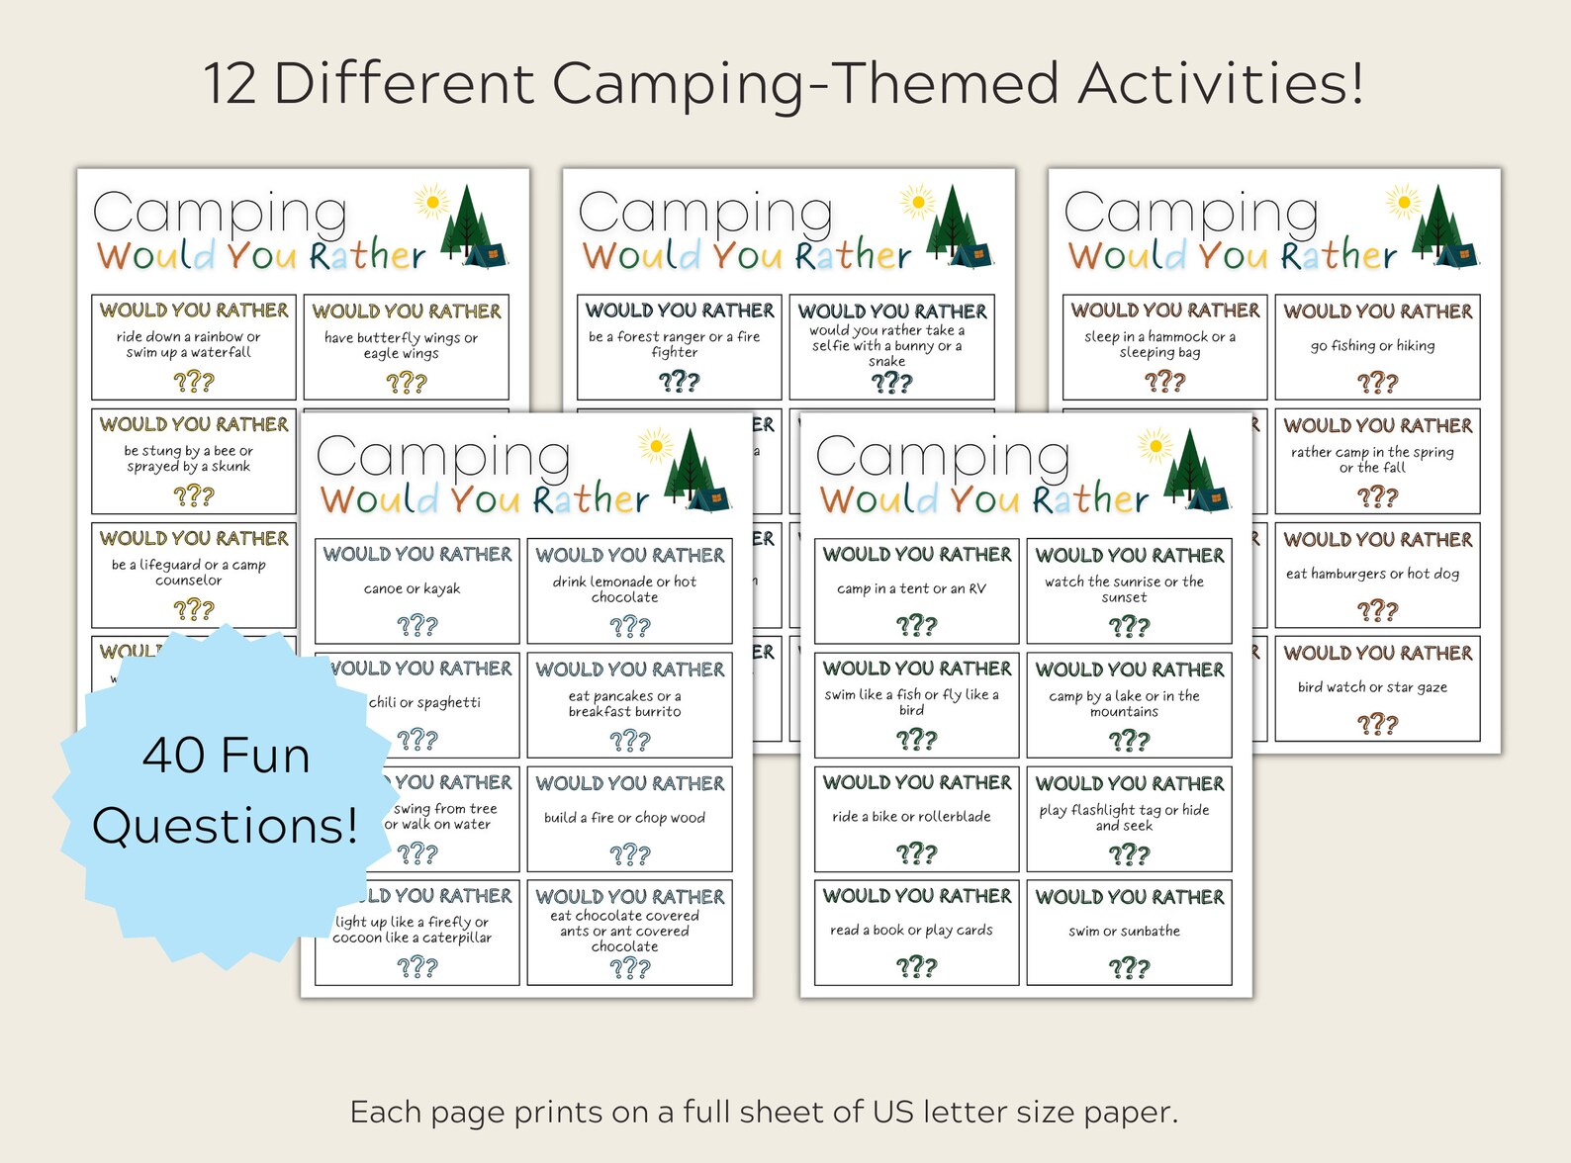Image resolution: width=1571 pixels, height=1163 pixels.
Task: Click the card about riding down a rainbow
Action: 193,346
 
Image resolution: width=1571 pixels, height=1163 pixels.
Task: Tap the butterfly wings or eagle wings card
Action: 406,346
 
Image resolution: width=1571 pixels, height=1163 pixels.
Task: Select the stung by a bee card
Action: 193,461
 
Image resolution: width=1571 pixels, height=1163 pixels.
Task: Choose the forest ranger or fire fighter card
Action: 679,346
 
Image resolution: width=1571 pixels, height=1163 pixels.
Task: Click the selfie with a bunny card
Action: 891,346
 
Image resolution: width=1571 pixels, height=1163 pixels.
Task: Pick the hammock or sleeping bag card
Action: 1164,346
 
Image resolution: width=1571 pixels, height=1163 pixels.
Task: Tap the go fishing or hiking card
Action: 1377,346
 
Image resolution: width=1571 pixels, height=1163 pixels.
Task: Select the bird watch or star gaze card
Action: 1377,688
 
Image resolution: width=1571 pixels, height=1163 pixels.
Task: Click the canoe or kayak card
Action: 416,590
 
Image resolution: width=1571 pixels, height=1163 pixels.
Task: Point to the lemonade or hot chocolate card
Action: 629,590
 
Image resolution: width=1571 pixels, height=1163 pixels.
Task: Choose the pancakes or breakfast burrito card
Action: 629,704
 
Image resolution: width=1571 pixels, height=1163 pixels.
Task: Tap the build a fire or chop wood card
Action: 629,819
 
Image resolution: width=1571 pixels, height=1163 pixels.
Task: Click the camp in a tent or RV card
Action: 916,590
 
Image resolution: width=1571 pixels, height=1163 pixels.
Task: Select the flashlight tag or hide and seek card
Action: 1129,819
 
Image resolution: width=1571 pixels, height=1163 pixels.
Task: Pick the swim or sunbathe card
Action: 1129,933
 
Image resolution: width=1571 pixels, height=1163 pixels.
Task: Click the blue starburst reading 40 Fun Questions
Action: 226,791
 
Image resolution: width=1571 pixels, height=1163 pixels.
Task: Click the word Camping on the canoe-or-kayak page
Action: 443,457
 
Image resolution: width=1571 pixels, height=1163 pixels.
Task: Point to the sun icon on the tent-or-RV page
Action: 1155,446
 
